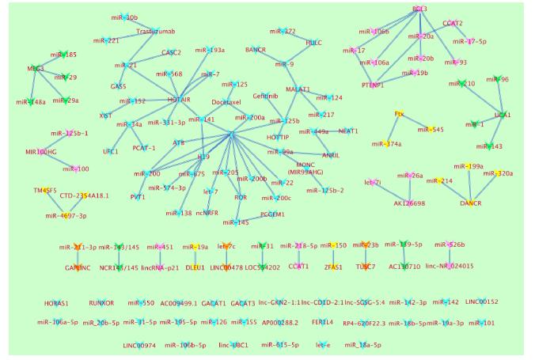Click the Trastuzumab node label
click(x=155, y=32)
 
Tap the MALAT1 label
click(x=298, y=89)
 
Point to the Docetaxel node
click(x=226, y=102)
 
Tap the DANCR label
click(x=471, y=203)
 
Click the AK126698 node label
click(x=409, y=203)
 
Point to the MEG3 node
click(x=35, y=69)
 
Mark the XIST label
click(x=106, y=116)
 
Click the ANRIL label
click(x=331, y=155)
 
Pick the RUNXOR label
click(x=101, y=303)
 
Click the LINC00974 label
click(x=139, y=345)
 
